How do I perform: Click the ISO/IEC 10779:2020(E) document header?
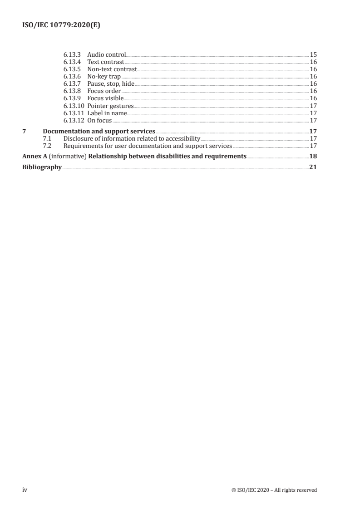61,26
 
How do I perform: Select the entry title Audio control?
106,54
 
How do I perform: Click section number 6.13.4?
72,62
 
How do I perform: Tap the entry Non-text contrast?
112,69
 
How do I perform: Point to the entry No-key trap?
104,76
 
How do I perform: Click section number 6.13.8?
72,91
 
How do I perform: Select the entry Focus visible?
105,98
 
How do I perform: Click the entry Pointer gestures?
110,106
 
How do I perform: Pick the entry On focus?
99,120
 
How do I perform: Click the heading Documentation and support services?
99,132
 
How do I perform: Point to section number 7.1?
46,138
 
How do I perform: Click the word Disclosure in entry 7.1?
78,138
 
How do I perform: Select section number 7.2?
46,146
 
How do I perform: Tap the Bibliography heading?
42,167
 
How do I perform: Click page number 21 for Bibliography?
313,167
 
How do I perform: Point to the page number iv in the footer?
25,489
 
